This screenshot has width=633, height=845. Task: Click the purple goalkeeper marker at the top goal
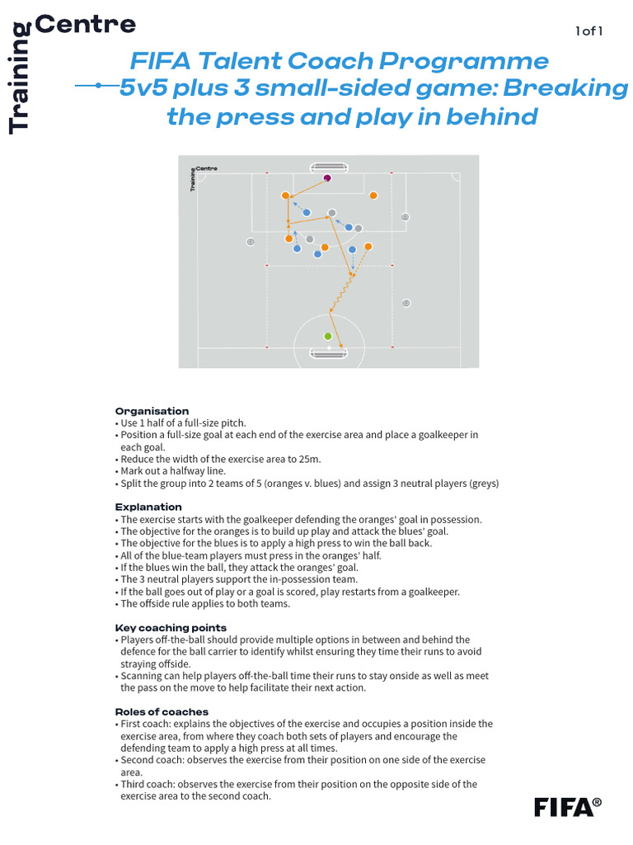pyautogui.click(x=327, y=177)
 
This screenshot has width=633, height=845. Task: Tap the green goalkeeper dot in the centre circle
pyautogui.click(x=328, y=336)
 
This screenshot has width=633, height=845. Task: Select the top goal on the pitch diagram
pyautogui.click(x=329, y=168)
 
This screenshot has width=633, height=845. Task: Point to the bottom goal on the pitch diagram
pyautogui.click(x=329, y=353)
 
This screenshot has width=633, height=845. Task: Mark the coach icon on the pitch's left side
pyautogui.click(x=251, y=242)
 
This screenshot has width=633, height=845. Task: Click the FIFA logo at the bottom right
pyautogui.click(x=567, y=805)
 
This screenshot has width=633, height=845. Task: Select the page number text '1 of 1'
pyautogui.click(x=589, y=31)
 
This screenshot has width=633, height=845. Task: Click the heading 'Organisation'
pyautogui.click(x=152, y=411)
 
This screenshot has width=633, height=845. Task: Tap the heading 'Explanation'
pyautogui.click(x=148, y=507)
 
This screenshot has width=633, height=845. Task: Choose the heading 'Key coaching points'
pyautogui.click(x=171, y=628)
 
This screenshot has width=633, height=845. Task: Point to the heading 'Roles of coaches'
pyautogui.click(x=162, y=711)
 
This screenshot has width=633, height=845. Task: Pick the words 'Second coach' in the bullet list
pyautogui.click(x=152, y=759)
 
